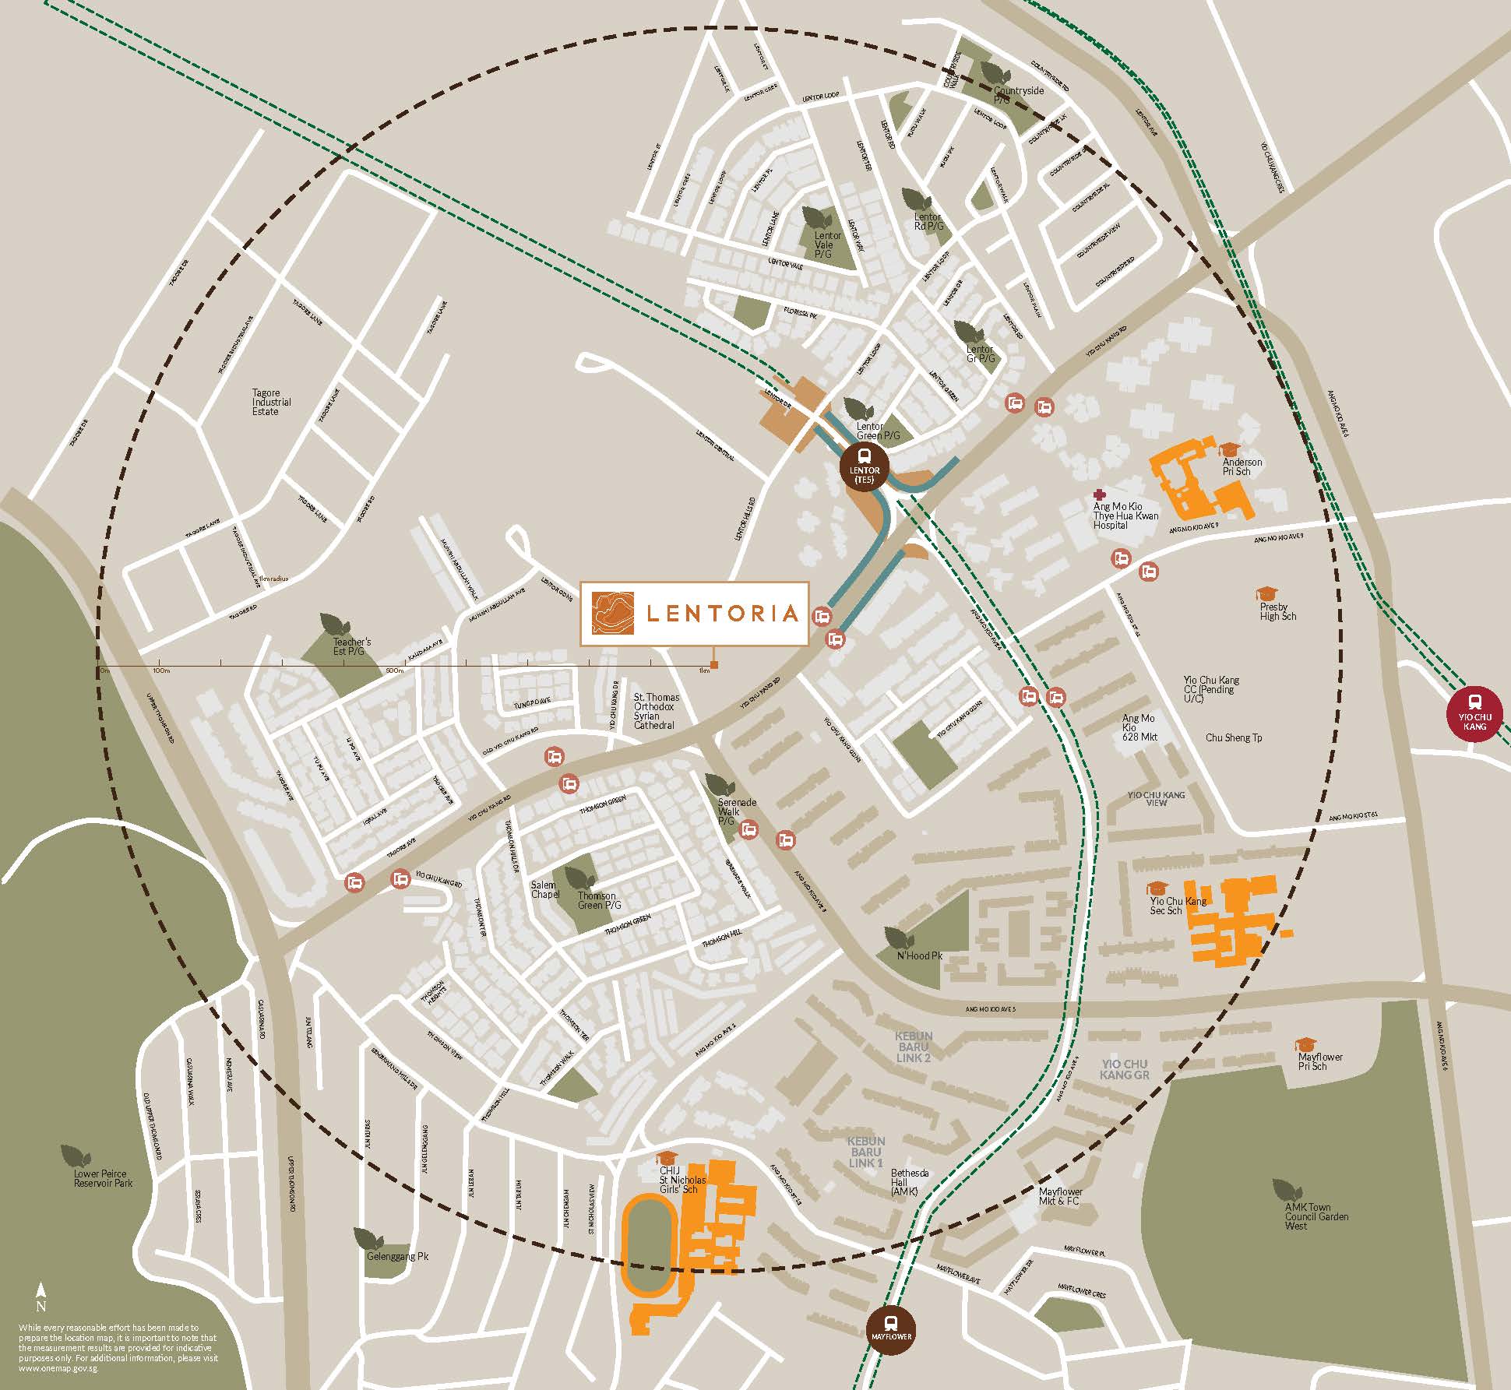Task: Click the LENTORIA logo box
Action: [694, 613]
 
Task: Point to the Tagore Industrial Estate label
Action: [271, 403]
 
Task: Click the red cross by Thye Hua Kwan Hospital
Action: [1099, 494]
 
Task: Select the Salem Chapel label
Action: [544, 889]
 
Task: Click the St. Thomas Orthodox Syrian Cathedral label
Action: [656, 711]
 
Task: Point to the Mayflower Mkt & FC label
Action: [1060, 1196]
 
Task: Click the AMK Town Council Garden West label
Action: [1316, 1216]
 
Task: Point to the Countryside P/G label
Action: [1018, 96]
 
